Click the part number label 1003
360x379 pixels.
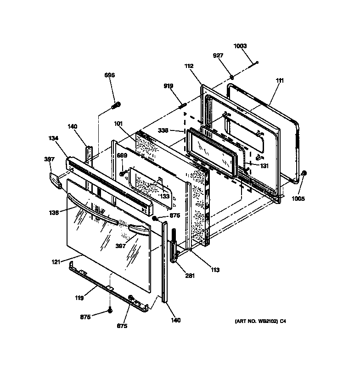pyautogui.click(x=240, y=46)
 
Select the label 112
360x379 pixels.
pyautogui.click(x=189, y=66)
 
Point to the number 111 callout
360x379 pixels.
pyautogui.click(x=280, y=81)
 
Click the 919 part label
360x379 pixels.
pyautogui.click(x=169, y=86)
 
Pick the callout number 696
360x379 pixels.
pyautogui.click(x=109, y=75)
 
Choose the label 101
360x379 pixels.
pyautogui.click(x=119, y=123)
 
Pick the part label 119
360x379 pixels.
pyautogui.click(x=79, y=298)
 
